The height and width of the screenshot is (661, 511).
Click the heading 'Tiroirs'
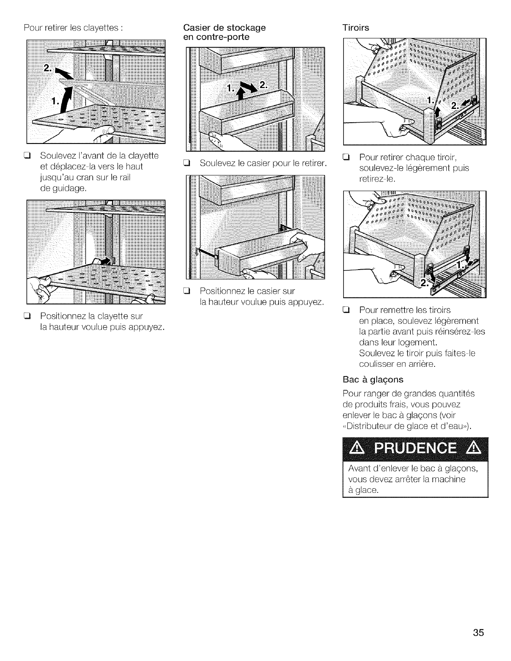click(x=355, y=28)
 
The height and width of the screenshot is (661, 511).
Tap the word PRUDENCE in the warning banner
click(x=415, y=450)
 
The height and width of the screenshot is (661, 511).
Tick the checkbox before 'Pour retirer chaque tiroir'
click(x=346, y=158)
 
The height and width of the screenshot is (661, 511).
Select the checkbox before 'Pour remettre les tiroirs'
click(x=346, y=310)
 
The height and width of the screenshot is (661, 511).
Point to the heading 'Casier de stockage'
click(x=225, y=28)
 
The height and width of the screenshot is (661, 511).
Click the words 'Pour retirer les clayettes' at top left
click(x=73, y=29)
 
